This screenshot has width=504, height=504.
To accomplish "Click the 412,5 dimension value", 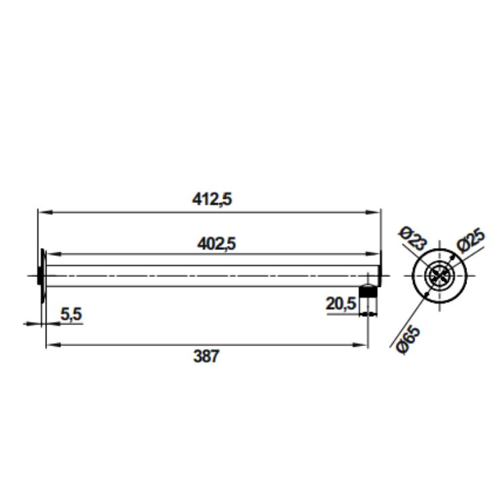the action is pyautogui.click(x=212, y=200).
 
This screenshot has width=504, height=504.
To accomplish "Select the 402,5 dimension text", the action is pyautogui.click(x=216, y=244).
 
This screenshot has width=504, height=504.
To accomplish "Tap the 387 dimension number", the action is pyautogui.click(x=206, y=356).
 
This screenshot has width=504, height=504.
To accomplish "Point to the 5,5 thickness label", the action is pyautogui.click(x=71, y=314).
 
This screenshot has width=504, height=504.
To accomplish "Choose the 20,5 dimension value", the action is pyautogui.click(x=341, y=304).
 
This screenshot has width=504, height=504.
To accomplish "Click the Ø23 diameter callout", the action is pyautogui.click(x=413, y=239).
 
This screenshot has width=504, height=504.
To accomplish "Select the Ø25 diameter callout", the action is pyautogui.click(x=471, y=241).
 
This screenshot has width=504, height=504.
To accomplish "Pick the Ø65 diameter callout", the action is pyautogui.click(x=409, y=340).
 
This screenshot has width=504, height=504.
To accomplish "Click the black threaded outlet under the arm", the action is pyautogui.click(x=368, y=291).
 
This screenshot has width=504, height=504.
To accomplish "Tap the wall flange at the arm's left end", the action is pyautogui.click(x=42, y=276).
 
